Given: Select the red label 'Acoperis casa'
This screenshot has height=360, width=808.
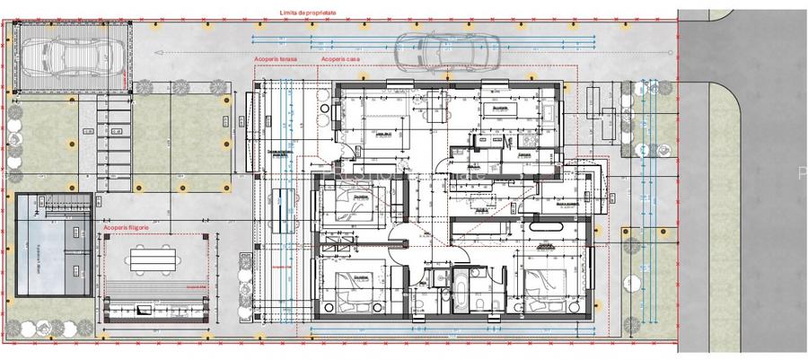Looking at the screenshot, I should click(x=340, y=59).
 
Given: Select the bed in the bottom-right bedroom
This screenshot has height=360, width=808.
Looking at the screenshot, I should click(x=545, y=285).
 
